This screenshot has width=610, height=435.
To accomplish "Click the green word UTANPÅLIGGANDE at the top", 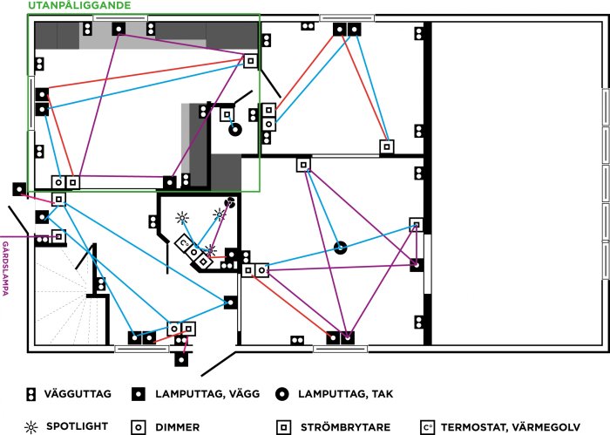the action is pos(79,5).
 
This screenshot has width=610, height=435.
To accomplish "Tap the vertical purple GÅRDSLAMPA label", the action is pos(5,268).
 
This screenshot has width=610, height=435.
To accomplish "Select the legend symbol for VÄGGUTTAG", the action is pos(30,394).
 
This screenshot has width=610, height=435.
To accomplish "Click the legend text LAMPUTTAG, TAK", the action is pos(345,394).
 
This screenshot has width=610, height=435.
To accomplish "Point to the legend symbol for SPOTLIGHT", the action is pos(31,427).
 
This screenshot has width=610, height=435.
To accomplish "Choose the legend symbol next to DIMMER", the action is pos(139,427).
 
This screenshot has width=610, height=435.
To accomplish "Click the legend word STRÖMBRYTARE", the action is pos(345,427).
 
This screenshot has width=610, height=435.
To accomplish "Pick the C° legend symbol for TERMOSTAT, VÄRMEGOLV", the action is pos(428,427).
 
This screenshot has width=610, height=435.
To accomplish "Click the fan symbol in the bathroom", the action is pos(230,202).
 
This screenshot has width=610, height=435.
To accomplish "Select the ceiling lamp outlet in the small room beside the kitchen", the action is pos(235,130).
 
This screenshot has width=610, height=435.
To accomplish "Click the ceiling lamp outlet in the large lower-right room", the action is pos(341,248).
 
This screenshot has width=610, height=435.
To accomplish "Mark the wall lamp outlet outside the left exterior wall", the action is pos(19,189).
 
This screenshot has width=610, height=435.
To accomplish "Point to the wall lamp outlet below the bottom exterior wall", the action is pos(181,359).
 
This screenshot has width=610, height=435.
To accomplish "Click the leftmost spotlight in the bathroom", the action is pos(182,218).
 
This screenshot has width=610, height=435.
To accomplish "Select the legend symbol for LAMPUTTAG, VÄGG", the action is pos(139,394).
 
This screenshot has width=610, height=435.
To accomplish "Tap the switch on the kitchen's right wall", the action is pos(251,61).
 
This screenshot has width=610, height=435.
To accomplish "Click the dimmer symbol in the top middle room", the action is pos(268,125).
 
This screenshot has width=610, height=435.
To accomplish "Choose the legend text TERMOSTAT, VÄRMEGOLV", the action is pos(511,427).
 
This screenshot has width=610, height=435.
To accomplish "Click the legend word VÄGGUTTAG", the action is pos(78,394).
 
